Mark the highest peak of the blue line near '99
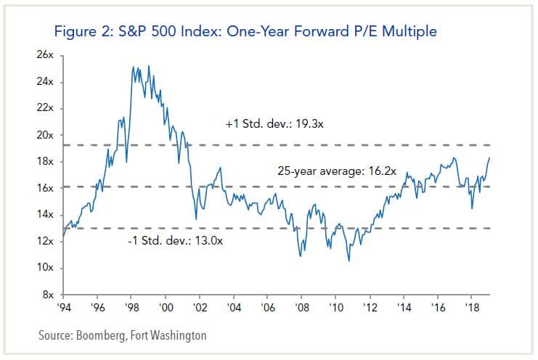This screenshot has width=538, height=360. click(x=149, y=67)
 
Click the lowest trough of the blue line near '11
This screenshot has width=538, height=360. click(x=349, y=260)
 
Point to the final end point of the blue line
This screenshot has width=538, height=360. click(x=489, y=157)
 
